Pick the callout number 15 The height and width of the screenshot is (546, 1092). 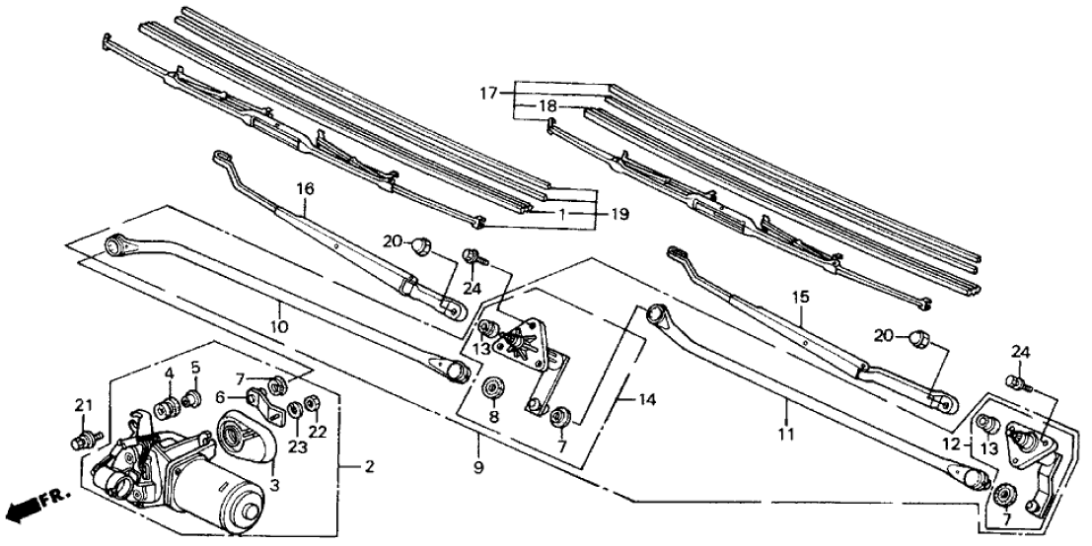pos(797,297)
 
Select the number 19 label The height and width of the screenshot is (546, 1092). pos(619,214)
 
